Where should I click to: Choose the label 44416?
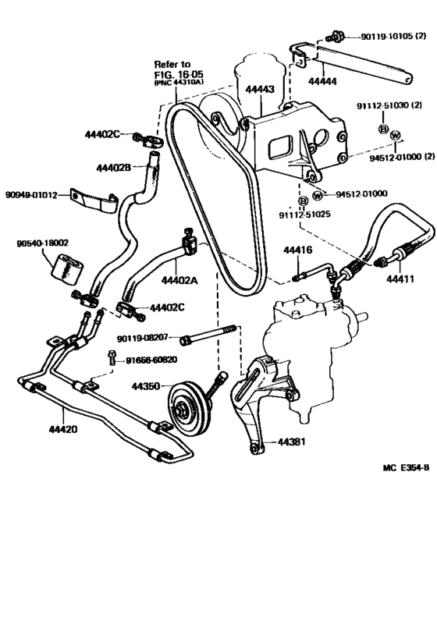298,250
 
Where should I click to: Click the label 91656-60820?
149,360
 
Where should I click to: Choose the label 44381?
291,442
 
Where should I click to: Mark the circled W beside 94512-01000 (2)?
395,136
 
